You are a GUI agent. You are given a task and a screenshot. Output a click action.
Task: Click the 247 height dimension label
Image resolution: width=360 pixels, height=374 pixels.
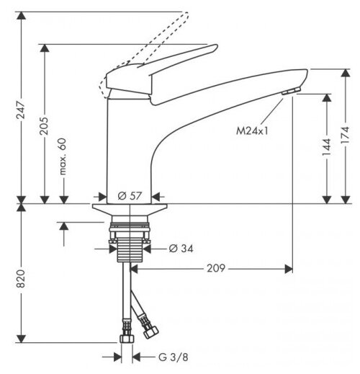[x=21, y=110]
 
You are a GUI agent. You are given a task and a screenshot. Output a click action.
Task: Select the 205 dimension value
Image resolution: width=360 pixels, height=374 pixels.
[x=44, y=126]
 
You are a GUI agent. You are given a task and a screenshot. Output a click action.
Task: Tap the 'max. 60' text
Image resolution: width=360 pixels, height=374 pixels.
[x=62, y=156]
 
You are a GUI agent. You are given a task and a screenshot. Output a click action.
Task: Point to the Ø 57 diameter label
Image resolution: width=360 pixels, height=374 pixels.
[x=130, y=196]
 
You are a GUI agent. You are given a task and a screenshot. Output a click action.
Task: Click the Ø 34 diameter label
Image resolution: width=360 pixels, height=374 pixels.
[x=181, y=249]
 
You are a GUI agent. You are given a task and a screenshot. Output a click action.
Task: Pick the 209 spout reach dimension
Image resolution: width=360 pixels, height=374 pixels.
[x=216, y=268]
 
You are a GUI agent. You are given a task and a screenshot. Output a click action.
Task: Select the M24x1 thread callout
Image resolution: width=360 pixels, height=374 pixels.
[x=252, y=131]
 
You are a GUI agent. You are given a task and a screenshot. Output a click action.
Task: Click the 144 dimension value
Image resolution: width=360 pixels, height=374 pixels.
[x=326, y=147]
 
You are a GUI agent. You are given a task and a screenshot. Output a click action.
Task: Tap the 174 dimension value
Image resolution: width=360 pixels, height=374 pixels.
[x=345, y=135]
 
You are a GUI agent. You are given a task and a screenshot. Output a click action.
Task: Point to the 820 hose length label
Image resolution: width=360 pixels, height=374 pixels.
[x=21, y=279]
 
